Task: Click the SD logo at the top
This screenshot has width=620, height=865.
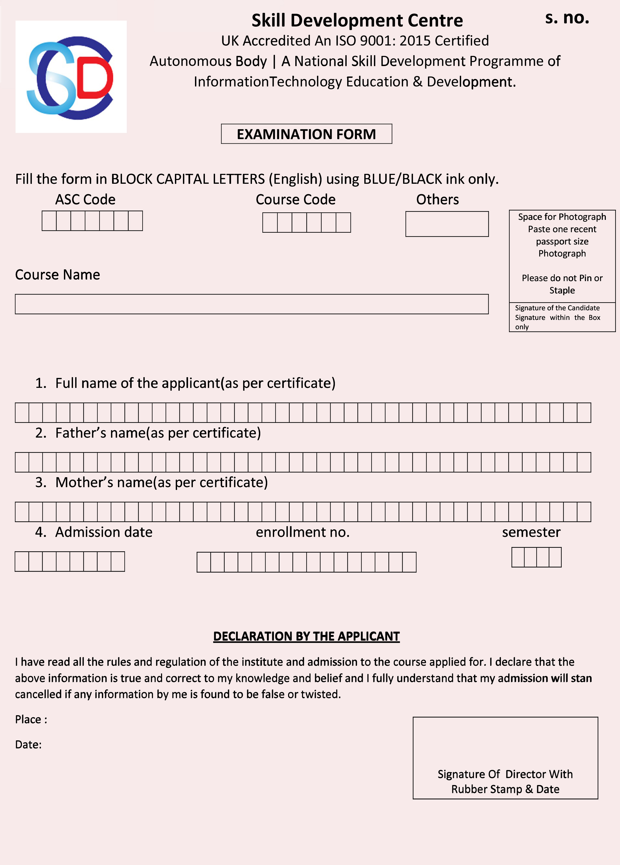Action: point(71,77)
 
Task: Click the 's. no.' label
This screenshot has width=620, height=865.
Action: point(567,18)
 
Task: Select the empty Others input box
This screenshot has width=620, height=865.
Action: point(447,224)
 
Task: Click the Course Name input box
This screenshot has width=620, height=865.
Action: point(252,304)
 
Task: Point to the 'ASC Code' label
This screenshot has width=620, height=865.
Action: point(85,200)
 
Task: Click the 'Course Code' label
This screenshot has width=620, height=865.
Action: point(296,200)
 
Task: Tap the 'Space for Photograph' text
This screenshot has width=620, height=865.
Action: point(562,217)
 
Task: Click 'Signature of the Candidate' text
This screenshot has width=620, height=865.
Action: point(557,308)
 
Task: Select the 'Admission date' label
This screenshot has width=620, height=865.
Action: point(104,532)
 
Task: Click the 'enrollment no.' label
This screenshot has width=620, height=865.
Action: point(302,532)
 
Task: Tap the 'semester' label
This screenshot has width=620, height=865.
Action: point(531,532)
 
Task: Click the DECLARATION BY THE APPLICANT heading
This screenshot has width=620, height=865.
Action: point(306,636)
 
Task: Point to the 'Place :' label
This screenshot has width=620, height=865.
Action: point(31,719)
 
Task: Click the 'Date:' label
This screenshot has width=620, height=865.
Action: point(28,744)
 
